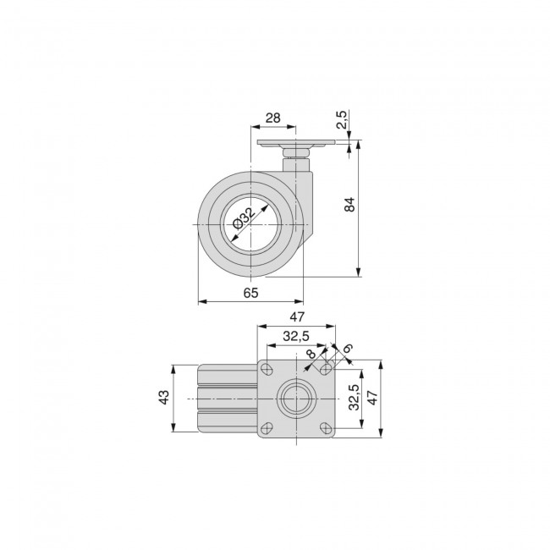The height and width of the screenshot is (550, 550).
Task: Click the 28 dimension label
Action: coord(272,118)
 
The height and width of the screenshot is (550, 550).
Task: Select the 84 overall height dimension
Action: coord(349,205)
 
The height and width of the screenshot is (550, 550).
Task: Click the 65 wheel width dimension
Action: coord(250,293)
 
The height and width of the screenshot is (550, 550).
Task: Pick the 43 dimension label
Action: coord(164,398)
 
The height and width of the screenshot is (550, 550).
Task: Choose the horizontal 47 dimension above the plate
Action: coord(297,317)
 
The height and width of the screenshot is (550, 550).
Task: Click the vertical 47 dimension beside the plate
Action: coord(371,398)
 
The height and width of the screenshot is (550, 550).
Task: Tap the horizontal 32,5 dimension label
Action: coord(296,337)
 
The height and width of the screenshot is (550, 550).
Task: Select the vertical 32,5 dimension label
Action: coord(354,397)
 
